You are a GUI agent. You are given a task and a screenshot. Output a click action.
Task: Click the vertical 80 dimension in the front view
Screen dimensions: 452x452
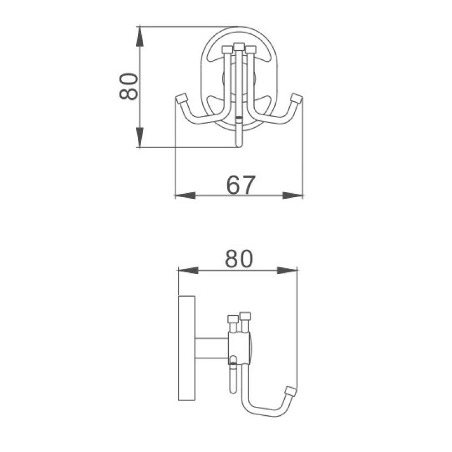(x=129, y=86)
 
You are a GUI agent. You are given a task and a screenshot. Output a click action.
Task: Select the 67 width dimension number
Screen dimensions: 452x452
(x=241, y=185)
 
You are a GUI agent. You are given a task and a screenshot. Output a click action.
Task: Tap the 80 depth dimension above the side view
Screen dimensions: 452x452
(x=238, y=259)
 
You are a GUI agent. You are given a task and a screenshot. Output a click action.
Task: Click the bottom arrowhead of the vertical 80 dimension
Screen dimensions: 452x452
(x=140, y=138)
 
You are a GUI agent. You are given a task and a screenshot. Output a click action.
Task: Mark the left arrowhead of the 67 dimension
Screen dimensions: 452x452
(x=184, y=195)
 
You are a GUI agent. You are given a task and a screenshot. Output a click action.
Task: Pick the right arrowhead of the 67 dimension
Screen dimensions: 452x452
(x=294, y=195)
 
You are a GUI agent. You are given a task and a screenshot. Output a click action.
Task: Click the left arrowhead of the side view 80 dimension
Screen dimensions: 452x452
(x=187, y=271)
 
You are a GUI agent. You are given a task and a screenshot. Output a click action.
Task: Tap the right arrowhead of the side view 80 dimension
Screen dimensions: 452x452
(x=288, y=271)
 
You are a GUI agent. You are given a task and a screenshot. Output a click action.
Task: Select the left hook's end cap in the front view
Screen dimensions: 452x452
(x=181, y=99)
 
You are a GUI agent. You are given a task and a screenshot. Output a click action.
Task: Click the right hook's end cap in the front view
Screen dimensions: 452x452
(x=295, y=99)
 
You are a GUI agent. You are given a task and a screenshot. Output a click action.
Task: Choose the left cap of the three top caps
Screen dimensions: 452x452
(x=228, y=50)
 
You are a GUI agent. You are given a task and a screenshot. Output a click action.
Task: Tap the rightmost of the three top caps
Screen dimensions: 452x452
(x=250, y=50)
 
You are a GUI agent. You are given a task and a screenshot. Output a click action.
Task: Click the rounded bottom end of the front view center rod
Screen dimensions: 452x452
(x=240, y=144)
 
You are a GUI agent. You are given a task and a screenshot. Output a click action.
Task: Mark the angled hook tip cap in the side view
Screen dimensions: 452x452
(x=291, y=391)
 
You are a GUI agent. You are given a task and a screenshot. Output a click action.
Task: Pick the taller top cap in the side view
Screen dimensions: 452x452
(x=245, y=316)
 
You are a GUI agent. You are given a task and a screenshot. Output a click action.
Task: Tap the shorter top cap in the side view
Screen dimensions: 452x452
(x=232, y=320)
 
